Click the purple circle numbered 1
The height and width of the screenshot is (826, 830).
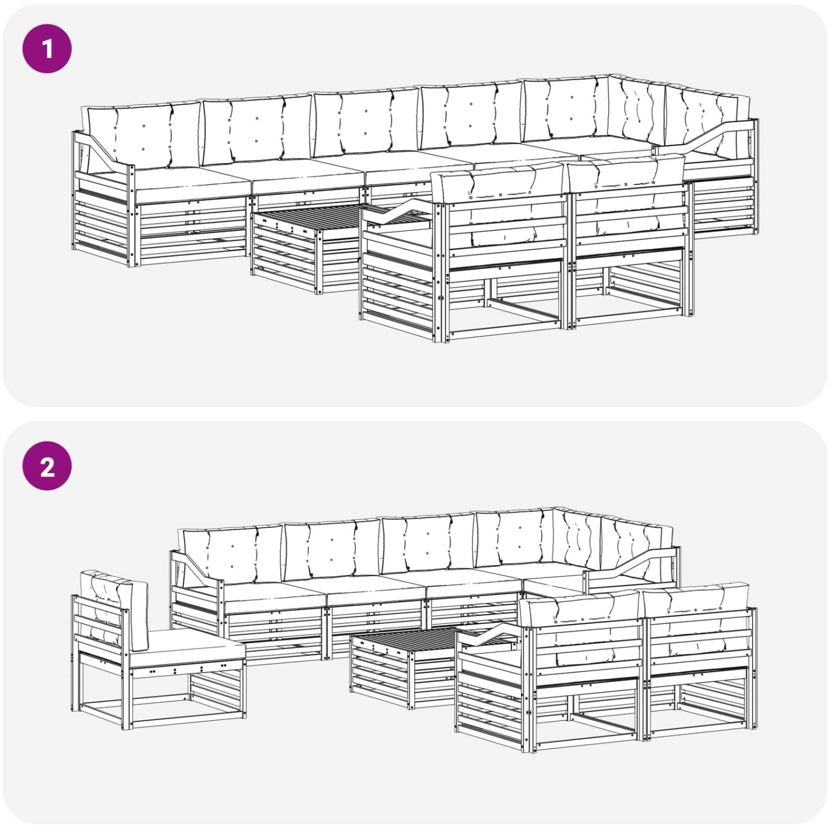(47, 48)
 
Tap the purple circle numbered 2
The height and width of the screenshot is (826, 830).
(47, 466)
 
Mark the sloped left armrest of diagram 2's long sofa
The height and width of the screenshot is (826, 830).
(196, 567)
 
